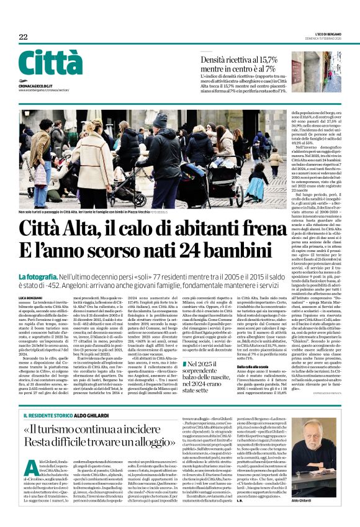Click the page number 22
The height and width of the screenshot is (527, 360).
pyautogui.click(x=24, y=37)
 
